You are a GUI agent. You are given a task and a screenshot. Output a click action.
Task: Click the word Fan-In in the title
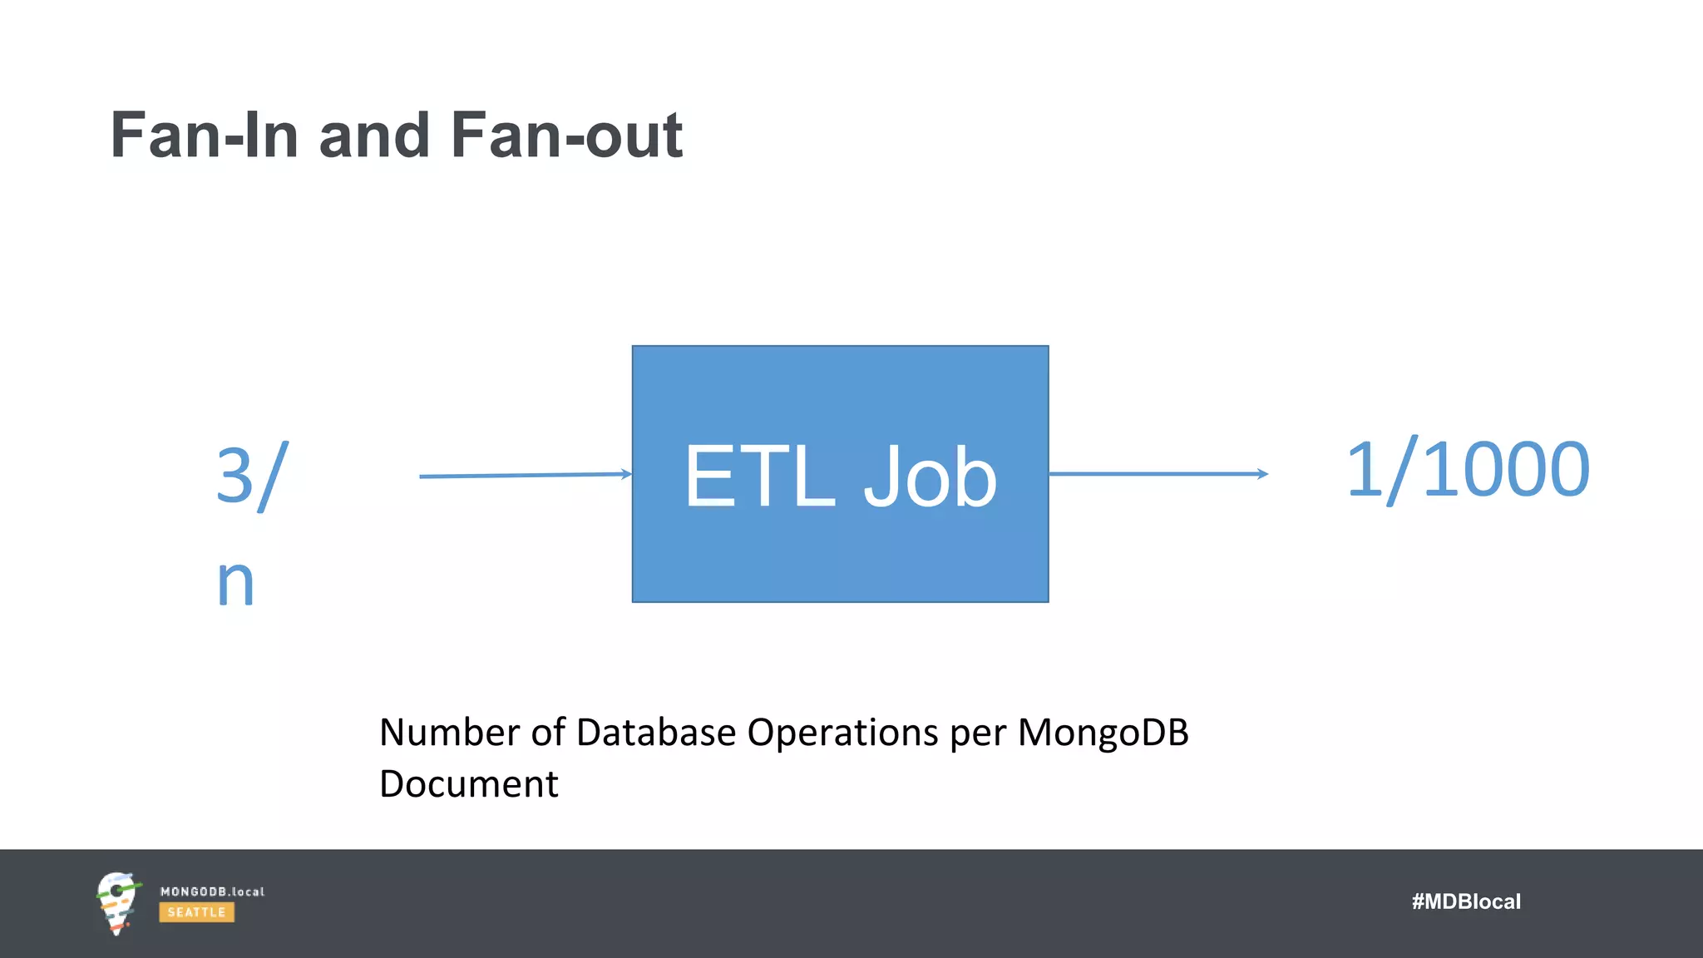tap(205, 136)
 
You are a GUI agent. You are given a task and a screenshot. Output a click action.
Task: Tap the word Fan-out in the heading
tap(566, 136)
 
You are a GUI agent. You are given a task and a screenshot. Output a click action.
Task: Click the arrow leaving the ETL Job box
tap(1158, 474)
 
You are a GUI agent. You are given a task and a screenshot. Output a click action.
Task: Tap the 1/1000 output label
tap(1468, 471)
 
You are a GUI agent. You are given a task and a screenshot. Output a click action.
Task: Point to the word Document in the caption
tap(468, 784)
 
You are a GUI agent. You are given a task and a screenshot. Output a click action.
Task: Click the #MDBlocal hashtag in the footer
tap(1466, 901)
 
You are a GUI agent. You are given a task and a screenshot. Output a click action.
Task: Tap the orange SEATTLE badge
tap(197, 912)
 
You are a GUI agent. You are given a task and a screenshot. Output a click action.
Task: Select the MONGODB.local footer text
tap(212, 891)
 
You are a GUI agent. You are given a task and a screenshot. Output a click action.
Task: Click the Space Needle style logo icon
tap(116, 903)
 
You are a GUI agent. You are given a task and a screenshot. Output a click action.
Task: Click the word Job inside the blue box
tap(930, 477)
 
